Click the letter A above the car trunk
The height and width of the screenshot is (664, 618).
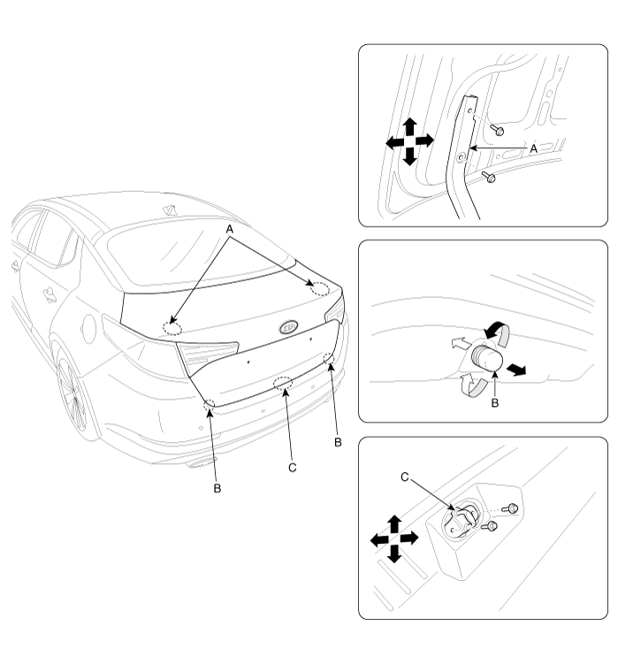pos(230,230)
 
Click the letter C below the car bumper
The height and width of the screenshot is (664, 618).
pos(293,468)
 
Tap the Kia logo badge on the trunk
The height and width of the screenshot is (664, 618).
pos(289,326)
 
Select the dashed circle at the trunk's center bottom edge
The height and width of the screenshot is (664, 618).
pos(283,383)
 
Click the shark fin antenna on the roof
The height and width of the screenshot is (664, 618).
pos(171,210)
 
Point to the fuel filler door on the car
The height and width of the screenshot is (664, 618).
pos(89,329)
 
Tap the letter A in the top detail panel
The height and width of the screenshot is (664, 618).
pos(534,149)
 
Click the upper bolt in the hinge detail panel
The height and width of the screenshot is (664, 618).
pos(496,130)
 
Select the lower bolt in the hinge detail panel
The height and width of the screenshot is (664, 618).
pos(488,177)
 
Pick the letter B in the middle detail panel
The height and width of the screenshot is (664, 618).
pos(495,402)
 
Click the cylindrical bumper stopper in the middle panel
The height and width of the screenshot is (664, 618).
pos(487,358)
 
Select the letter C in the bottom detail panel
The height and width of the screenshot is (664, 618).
pos(405,477)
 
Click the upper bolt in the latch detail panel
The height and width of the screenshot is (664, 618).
pos(510,508)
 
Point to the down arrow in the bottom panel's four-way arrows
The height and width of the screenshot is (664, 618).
pos(394,553)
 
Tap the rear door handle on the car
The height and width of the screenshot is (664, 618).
pos(50,294)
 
